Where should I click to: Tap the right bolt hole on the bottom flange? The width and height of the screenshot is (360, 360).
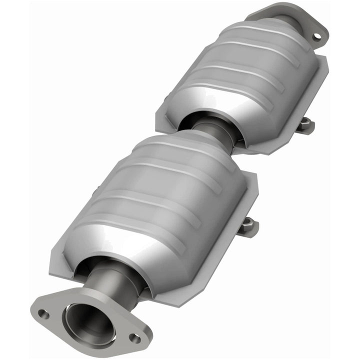(134, 338)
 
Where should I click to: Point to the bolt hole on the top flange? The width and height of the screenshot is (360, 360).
(316, 36)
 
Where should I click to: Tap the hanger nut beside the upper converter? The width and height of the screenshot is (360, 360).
(306, 125)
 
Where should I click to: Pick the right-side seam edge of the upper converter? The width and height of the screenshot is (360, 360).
(315, 100)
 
